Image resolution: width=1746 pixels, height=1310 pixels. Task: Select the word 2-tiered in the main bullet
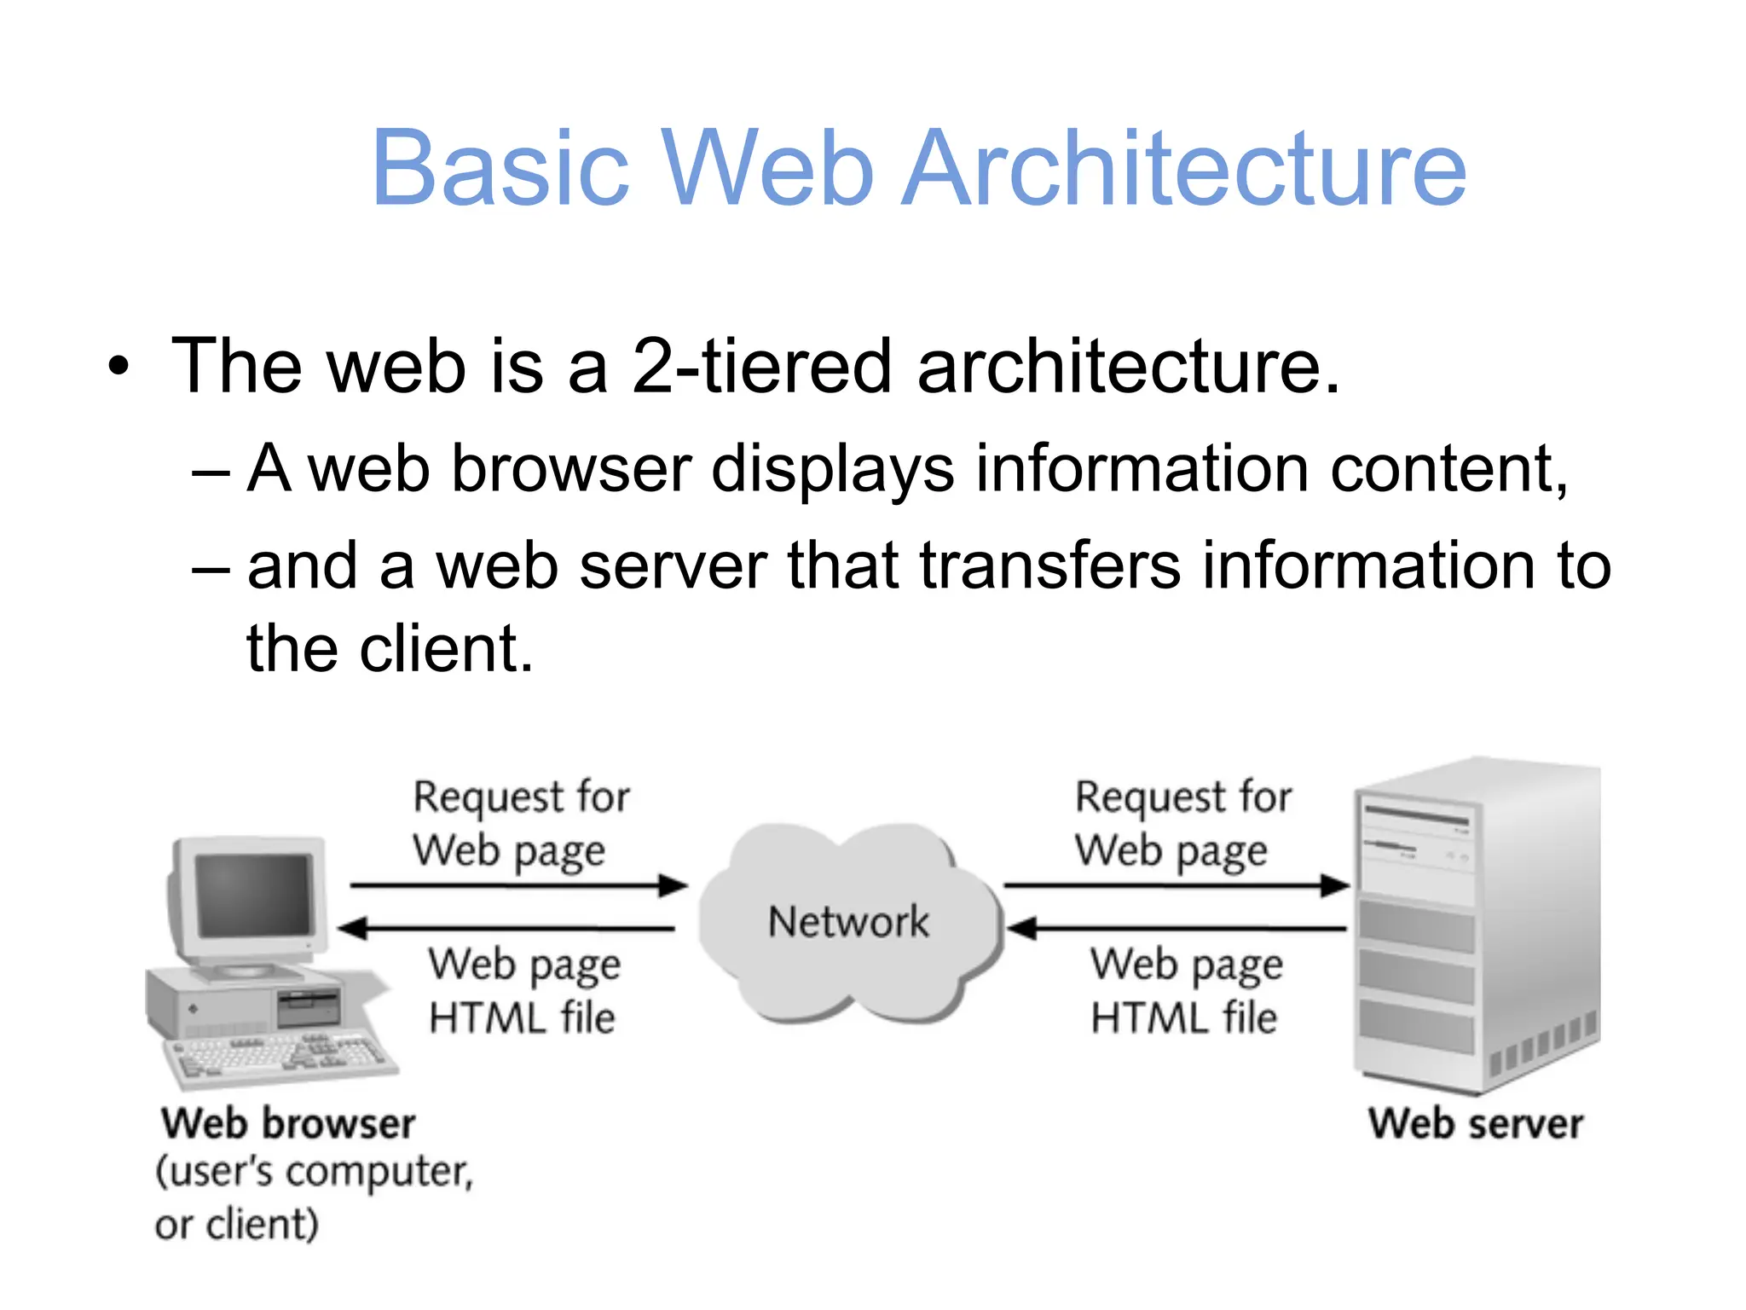pyautogui.click(x=761, y=366)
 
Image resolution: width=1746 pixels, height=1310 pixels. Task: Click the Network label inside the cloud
pyautogui.click(x=848, y=922)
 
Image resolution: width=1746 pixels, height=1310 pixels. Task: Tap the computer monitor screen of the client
pyautogui.click(x=254, y=896)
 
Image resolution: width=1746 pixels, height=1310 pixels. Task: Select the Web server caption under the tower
pyautogui.click(x=1476, y=1123)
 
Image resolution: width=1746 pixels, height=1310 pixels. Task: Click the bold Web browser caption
pyautogui.click(x=288, y=1123)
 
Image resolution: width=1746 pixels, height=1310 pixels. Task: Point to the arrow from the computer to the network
pyautogui.click(x=517, y=886)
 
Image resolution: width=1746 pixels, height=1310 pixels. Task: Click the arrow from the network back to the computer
pyautogui.click(x=507, y=928)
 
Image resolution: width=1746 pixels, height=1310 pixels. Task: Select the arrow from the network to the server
pyautogui.click(x=1177, y=886)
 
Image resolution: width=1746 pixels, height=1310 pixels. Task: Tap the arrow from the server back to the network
pyautogui.click(x=1177, y=928)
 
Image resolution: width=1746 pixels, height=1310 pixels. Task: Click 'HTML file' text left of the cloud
pyautogui.click(x=522, y=1018)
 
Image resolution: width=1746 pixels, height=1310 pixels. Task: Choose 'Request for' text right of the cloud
pyautogui.click(x=1183, y=797)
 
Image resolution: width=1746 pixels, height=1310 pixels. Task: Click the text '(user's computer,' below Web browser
pyautogui.click(x=314, y=1173)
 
